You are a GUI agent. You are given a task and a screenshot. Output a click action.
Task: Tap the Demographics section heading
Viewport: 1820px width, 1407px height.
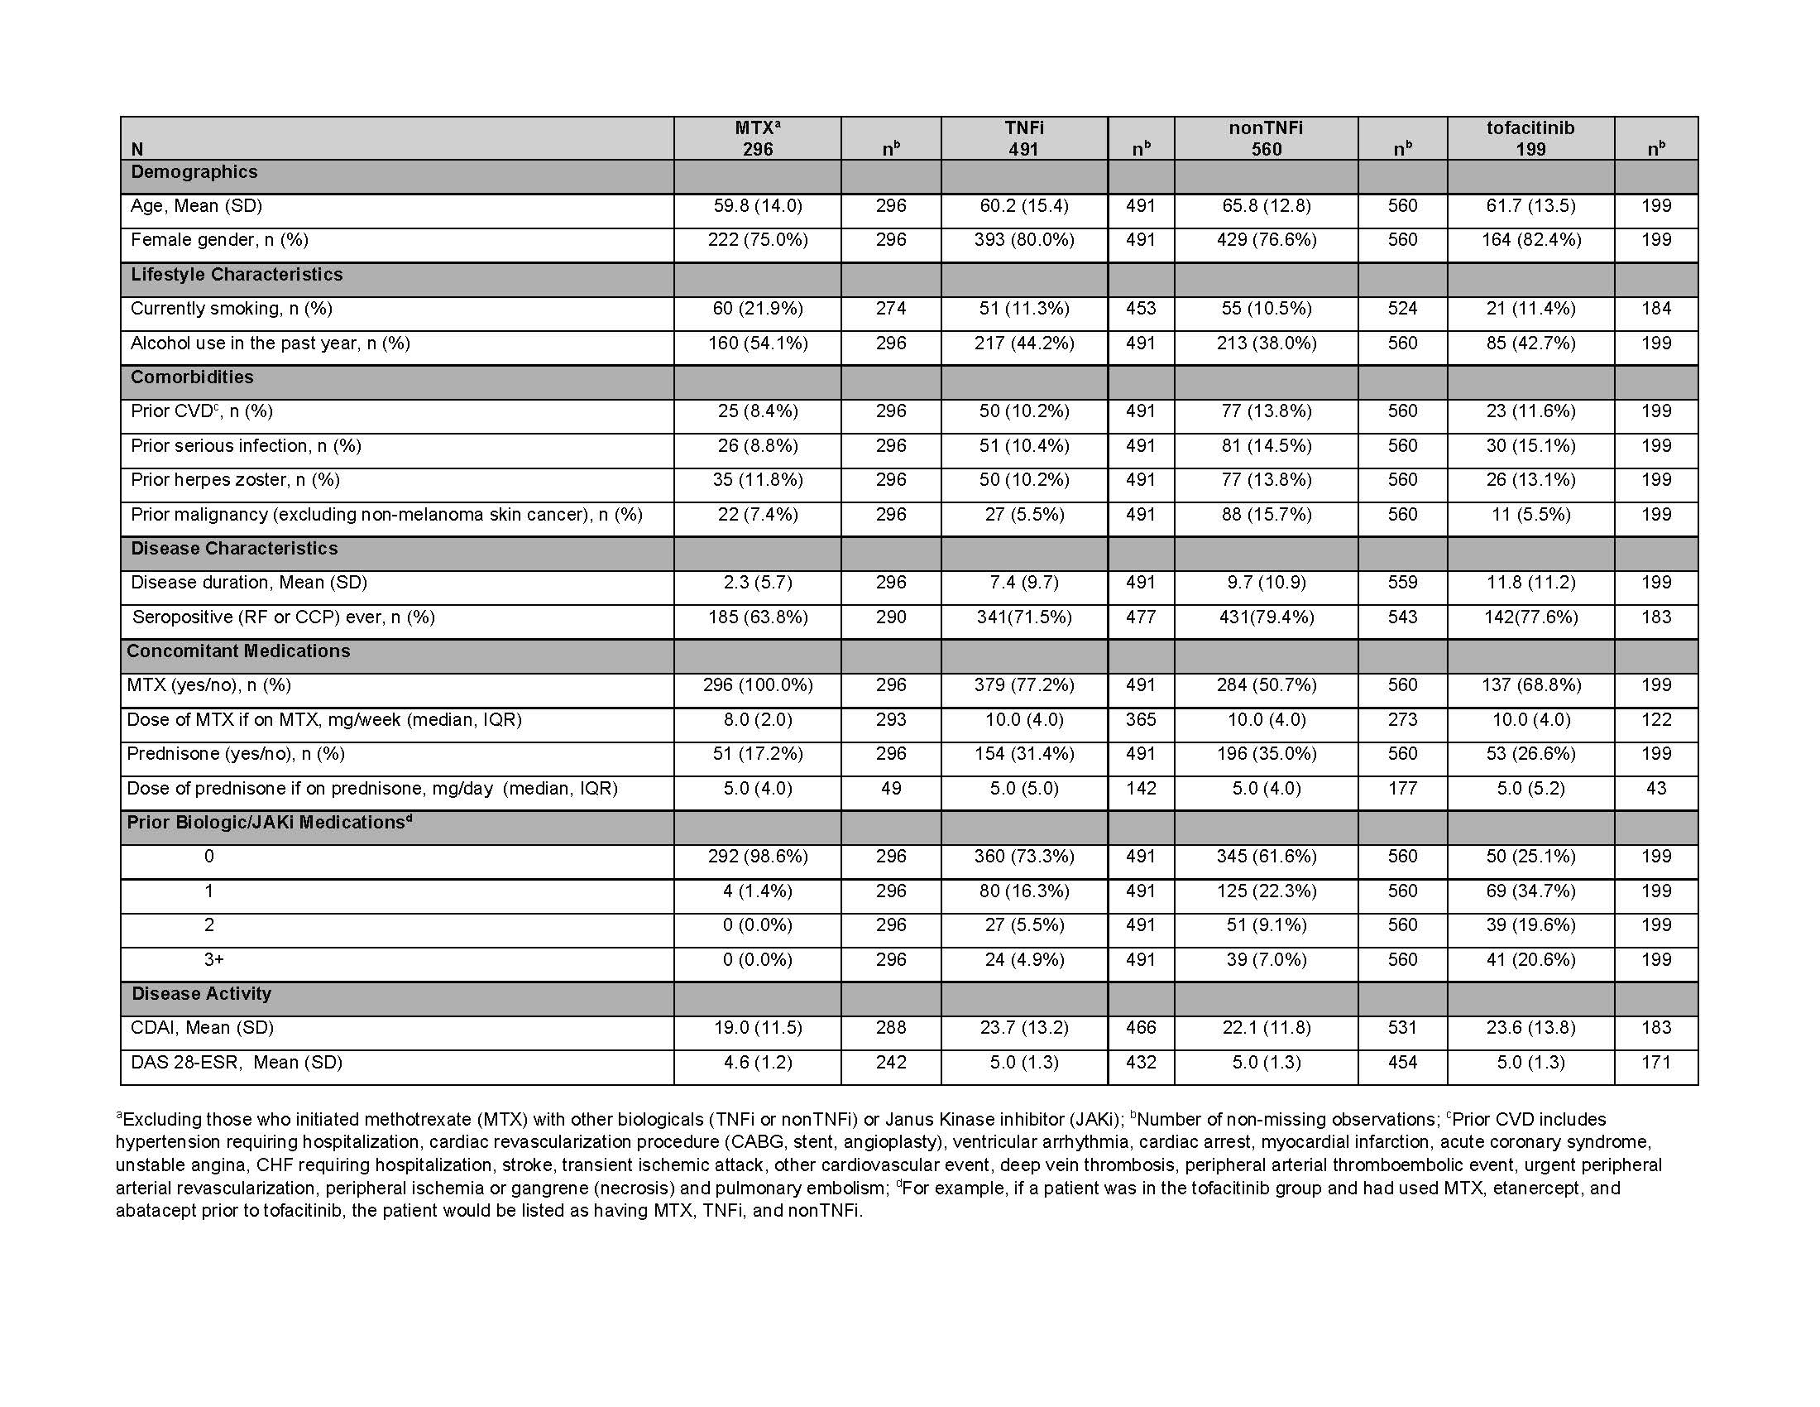point(194,172)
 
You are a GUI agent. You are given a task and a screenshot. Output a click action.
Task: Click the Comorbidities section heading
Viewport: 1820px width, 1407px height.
point(192,377)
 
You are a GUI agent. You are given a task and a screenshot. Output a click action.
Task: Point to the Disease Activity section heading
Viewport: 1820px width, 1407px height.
point(202,994)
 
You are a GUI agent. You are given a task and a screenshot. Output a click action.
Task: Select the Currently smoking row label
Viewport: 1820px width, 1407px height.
point(232,310)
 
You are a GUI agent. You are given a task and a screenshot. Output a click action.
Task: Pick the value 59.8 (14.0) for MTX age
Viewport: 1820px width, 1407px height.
point(757,206)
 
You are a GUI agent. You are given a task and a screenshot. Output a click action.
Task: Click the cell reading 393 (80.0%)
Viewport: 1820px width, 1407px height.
point(1023,240)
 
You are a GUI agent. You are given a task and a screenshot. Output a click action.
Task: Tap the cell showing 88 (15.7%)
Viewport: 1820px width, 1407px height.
point(1266,514)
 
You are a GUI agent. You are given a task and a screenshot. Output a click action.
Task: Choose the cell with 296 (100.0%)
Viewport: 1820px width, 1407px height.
point(757,685)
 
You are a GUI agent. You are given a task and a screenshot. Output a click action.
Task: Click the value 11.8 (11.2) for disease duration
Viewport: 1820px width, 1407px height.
point(1530,583)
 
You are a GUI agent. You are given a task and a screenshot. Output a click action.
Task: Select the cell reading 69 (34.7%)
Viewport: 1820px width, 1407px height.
point(1530,891)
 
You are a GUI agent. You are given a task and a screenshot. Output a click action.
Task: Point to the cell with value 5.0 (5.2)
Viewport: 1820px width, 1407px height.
point(1530,789)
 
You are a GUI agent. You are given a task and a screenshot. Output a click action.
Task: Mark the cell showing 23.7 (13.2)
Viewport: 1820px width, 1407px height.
point(1023,1028)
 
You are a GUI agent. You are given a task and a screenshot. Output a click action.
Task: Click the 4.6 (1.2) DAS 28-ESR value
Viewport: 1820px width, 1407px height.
point(757,1063)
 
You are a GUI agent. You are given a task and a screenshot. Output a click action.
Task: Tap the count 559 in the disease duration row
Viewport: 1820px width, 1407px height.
point(1401,583)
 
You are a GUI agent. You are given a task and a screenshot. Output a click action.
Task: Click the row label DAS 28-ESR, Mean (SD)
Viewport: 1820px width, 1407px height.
point(237,1063)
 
